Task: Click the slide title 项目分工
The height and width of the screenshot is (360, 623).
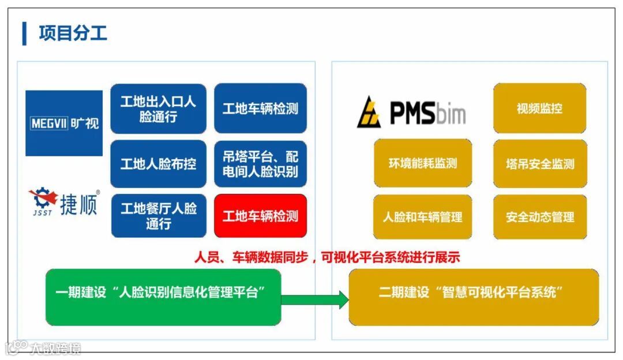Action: (73, 33)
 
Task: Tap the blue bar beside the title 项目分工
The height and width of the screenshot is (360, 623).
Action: (24, 33)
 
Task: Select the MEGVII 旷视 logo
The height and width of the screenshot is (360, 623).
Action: (64, 123)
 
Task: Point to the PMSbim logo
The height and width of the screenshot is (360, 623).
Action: (411, 112)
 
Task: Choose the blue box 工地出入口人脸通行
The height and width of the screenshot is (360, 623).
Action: (158, 109)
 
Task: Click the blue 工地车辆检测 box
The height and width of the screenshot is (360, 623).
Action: (260, 109)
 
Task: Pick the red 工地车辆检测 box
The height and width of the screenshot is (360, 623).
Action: (260, 216)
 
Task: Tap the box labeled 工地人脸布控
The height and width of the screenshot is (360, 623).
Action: (158, 164)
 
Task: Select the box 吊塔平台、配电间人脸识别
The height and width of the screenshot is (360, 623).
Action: (260, 164)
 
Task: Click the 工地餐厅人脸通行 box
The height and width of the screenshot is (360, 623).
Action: (158, 216)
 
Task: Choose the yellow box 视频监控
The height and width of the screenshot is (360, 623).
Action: (539, 108)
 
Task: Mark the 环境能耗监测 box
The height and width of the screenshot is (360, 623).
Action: (423, 163)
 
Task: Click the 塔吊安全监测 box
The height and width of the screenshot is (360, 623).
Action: (540, 163)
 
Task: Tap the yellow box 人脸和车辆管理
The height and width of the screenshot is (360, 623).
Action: (423, 217)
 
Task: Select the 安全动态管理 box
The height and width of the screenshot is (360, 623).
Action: (540, 217)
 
